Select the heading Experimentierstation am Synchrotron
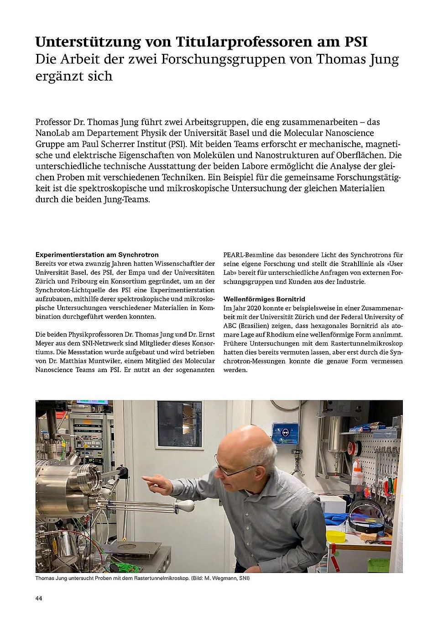(x=97, y=255)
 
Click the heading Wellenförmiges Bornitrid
(x=264, y=299)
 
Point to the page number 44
(x=39, y=599)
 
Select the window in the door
(x=179, y=424)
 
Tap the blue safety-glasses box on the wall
(x=285, y=433)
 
